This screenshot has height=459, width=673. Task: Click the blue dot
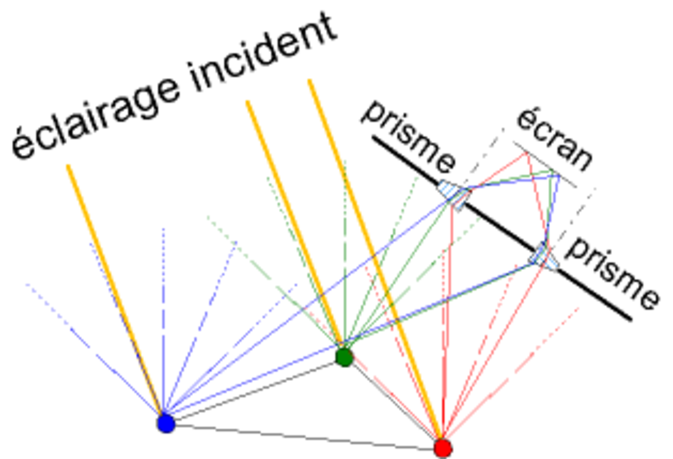(x=166, y=423)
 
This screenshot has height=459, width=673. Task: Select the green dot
(x=344, y=357)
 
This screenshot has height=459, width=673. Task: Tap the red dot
(x=443, y=448)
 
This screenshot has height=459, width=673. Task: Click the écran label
(x=555, y=141)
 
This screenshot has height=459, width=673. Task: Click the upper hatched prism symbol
(x=454, y=195)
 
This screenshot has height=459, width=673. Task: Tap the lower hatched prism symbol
(x=543, y=257)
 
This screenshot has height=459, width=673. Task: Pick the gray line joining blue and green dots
(x=255, y=391)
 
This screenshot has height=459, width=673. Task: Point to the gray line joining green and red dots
(x=394, y=402)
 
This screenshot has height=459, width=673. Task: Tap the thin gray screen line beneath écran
(x=545, y=164)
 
